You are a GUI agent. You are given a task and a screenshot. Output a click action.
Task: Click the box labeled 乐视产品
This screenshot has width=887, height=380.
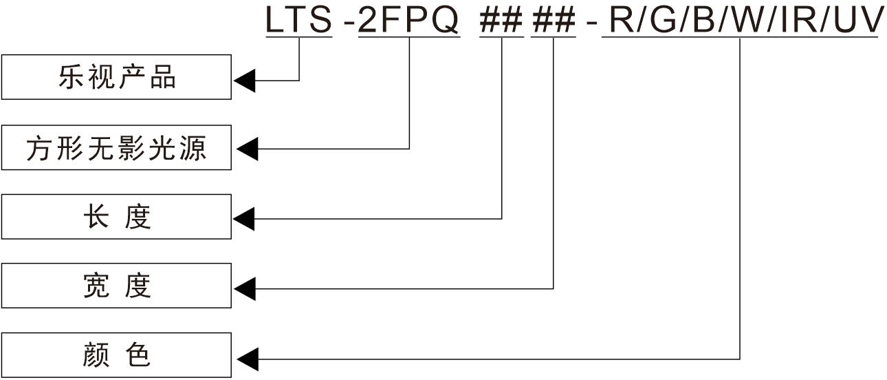[x=116, y=77]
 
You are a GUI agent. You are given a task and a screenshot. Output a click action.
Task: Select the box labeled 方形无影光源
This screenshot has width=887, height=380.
[x=116, y=147]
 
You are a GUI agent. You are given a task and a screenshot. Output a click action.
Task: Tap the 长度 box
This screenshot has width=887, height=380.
[x=116, y=217]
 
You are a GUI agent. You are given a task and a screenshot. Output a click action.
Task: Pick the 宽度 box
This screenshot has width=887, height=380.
[x=116, y=286]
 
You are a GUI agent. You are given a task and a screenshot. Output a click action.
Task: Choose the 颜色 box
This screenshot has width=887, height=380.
[x=116, y=355]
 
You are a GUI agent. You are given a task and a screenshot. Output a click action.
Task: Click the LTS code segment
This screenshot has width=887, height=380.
[x=299, y=21]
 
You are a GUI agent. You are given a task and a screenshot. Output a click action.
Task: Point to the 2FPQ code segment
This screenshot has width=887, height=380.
[x=409, y=21]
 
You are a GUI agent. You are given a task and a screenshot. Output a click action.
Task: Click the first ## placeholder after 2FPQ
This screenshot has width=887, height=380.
[x=501, y=21]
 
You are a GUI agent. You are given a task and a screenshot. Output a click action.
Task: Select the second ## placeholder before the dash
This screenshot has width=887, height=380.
[x=553, y=21]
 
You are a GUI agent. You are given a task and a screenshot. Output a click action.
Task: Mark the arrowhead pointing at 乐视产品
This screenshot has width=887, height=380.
[x=244, y=81]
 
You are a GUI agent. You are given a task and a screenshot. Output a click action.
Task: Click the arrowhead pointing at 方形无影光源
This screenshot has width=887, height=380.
[x=246, y=148]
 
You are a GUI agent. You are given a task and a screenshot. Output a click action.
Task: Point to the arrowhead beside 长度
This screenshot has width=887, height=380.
[x=244, y=219]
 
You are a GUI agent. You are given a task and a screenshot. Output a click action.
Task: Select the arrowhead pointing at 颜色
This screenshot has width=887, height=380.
[x=246, y=359]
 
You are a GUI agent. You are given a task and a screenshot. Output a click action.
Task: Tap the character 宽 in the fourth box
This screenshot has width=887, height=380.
[x=96, y=286]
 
